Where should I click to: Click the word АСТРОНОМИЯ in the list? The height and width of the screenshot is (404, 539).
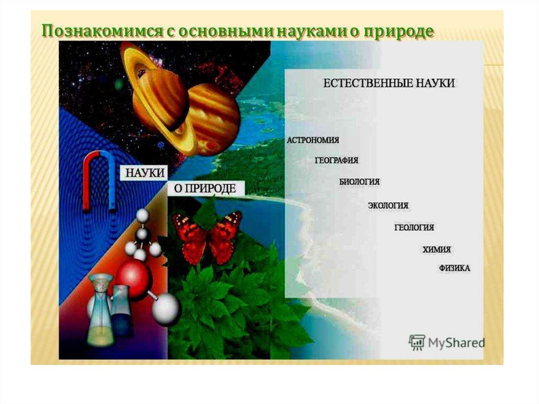click(x=313, y=140)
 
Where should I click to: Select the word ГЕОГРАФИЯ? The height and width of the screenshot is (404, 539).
click(x=336, y=160)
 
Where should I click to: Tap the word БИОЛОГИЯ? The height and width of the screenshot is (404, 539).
click(x=359, y=182)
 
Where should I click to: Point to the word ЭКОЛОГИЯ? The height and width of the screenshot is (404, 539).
click(x=388, y=205)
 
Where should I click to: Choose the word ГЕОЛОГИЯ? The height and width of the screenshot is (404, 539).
click(x=414, y=228)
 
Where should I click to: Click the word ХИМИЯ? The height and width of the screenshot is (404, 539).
click(x=436, y=250)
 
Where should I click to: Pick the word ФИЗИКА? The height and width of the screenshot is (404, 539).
click(x=454, y=268)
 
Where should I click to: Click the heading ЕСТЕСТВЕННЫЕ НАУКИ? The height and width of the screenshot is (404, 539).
click(x=389, y=83)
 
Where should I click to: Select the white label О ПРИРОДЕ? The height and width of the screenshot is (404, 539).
click(x=205, y=188)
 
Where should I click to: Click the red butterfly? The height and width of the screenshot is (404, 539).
click(x=207, y=237)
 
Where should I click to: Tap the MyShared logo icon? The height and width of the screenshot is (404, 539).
click(x=417, y=342)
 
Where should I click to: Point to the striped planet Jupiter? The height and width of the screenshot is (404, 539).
click(x=213, y=119)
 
